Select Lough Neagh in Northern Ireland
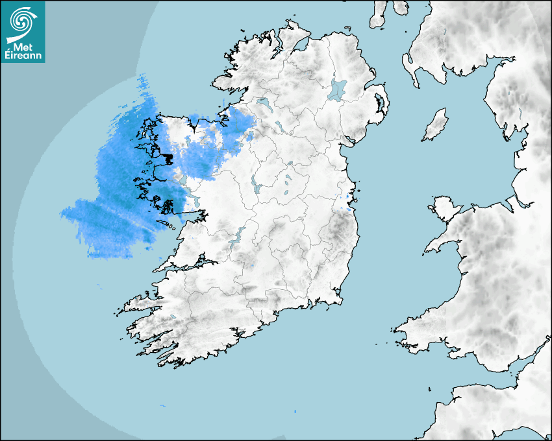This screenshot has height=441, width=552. [338, 89]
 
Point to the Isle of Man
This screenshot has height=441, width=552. [436, 125]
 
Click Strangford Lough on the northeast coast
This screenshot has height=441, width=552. [379, 103]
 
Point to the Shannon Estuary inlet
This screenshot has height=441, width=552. [188, 263]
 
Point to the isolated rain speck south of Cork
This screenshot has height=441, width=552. [295, 411]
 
